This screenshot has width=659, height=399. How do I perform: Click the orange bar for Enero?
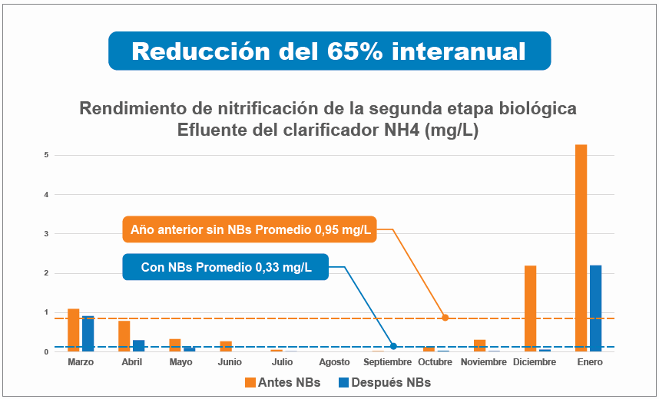pos(581,248)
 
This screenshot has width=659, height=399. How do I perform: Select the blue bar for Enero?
pos(595,308)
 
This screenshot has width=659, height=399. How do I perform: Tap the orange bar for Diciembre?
pos(530,308)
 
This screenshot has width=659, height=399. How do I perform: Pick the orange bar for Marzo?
pos(74,330)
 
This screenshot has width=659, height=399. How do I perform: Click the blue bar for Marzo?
pos(88,333)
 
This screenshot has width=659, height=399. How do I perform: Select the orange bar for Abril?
pos(124,335)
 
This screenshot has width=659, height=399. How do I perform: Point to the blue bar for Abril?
pos(138,345)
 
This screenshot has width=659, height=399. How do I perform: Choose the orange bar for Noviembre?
pos(479,345)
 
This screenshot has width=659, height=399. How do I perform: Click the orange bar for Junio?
pos(226,346)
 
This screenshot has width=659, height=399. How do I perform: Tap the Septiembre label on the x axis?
pos(386,362)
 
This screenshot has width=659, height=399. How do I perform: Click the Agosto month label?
pos(334,362)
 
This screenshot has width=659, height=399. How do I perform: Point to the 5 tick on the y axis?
pos(47,155)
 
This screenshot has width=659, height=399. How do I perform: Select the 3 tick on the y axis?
pos(47,234)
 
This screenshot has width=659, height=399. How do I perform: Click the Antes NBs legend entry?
pos(281,382)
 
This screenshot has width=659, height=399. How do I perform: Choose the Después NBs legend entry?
pos(385,382)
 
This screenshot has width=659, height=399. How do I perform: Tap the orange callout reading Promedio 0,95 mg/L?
pos(250,229)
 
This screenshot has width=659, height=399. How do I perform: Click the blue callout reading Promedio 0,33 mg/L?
pos(226,267)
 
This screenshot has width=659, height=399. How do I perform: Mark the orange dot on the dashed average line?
pos(445,318)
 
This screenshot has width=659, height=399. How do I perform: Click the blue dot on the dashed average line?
pos(393,346)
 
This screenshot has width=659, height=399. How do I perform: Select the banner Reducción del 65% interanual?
pos(329,51)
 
